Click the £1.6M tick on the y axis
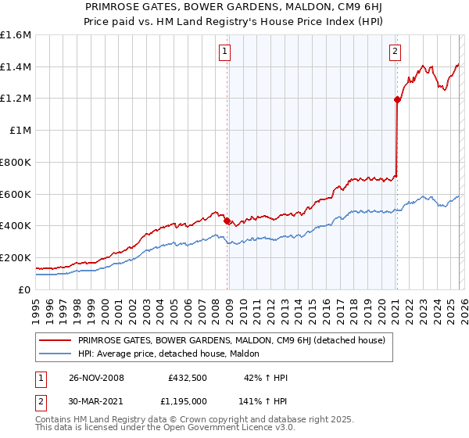[16, 35]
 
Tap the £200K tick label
[16, 257]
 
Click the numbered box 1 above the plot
[224, 52]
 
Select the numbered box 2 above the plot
[395, 52]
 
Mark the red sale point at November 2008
[227, 221]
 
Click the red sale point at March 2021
[397, 99]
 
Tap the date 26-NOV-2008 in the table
[96, 378]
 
